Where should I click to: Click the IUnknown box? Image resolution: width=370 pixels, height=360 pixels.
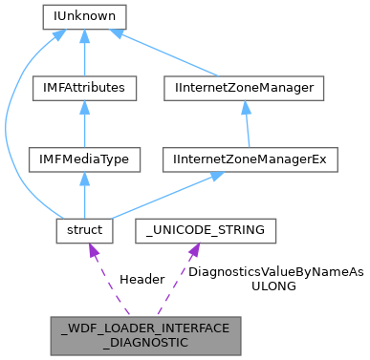coord(84,16)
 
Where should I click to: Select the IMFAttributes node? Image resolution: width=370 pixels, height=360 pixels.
coord(84,88)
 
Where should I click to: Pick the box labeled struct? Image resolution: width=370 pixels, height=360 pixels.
coord(84,230)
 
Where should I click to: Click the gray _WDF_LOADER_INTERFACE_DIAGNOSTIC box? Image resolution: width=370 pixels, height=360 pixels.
coord(145,335)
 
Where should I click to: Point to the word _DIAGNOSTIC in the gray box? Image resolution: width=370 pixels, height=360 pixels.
coord(145,343)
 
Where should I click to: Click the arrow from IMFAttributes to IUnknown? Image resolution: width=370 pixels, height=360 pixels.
coord(84,53)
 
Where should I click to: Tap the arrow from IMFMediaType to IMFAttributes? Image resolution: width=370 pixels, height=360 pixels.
coord(84,124)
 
